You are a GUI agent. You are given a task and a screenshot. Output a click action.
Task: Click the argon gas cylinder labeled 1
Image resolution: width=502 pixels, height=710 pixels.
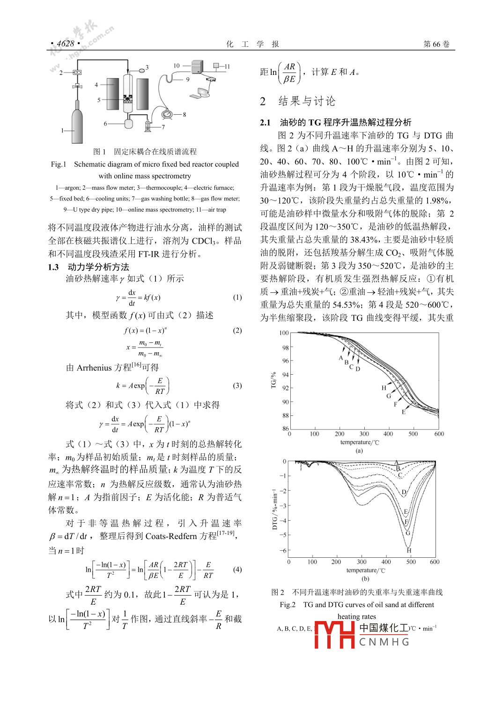pos(77,126)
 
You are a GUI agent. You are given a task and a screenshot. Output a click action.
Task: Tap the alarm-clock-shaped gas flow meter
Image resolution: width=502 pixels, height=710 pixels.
pos(167,114)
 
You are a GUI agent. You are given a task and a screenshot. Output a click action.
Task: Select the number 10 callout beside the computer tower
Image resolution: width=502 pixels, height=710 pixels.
pos(177,66)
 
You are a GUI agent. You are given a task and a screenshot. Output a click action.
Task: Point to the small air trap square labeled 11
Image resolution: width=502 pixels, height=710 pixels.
pos(216,66)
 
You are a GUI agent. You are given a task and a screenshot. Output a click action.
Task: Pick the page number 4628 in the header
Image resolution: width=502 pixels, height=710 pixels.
pos(66,44)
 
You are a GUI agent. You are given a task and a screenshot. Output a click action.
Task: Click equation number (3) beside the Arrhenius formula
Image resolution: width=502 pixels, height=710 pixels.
pos(237,385)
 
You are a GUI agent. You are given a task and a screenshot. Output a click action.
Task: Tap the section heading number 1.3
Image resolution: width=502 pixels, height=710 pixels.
pos(53,267)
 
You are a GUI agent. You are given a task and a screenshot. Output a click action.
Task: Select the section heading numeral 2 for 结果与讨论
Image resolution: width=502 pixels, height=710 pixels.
pos(263,102)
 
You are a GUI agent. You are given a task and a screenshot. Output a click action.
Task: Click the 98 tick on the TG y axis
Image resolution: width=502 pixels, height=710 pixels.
pos(285,348)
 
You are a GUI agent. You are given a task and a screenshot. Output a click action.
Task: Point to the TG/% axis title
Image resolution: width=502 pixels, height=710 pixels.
pos(273,380)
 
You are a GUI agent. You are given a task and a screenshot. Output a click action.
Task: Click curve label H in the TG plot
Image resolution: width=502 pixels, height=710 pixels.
pos(384,388)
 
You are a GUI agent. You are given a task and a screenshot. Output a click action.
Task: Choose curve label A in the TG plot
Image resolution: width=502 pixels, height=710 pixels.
pos(341,358)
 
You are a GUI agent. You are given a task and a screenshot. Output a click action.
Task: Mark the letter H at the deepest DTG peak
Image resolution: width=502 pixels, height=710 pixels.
pos(409,550)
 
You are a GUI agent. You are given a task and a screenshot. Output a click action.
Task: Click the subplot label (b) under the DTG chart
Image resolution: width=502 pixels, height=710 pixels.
pos(365,579)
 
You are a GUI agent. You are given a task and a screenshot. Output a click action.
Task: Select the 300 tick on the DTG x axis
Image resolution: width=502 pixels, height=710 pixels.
pos(362,562)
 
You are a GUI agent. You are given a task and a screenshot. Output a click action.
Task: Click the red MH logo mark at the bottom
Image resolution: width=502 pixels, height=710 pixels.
pos(334,635)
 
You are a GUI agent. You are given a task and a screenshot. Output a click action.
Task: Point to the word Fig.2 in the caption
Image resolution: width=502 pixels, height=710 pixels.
pos(288,605)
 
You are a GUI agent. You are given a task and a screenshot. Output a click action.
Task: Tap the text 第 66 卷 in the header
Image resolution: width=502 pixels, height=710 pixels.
pos(436,44)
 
